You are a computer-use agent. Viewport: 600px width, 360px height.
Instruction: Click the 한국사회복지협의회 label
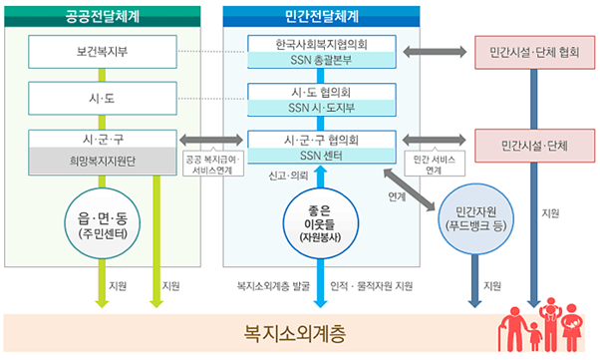[x=321, y=45]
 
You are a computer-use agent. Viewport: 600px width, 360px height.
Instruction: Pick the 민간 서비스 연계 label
[x=433, y=164]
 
